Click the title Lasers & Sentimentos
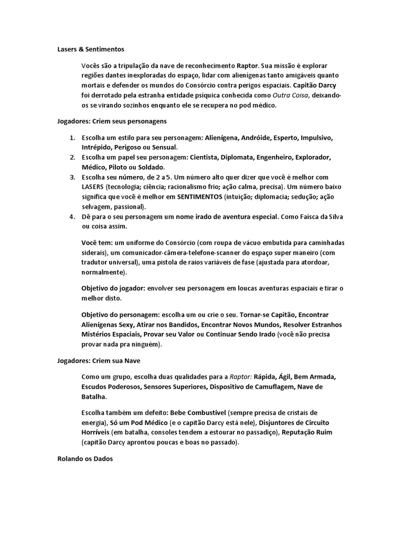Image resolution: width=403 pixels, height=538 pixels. pos(90,49)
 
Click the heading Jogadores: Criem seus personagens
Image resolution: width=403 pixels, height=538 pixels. pos(112,121)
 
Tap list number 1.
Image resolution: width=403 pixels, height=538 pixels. pos(72,138)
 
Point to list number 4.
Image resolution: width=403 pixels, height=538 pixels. pos(72,216)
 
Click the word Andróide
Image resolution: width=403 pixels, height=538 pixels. pos(257,138)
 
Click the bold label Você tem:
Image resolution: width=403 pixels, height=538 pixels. pos(97,243)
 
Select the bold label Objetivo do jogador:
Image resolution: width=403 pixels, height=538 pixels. pos(113,288)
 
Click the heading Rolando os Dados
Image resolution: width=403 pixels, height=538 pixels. pos(84,458)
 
